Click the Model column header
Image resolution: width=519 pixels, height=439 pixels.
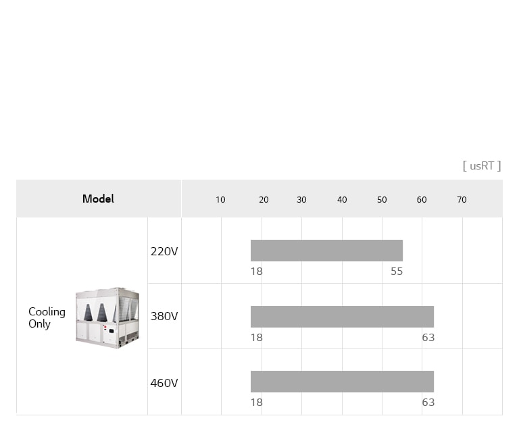(x=98, y=199)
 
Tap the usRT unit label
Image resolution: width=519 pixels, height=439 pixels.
(x=482, y=165)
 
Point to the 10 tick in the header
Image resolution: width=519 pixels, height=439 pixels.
(x=220, y=200)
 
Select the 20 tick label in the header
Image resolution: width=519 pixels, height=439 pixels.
(x=264, y=200)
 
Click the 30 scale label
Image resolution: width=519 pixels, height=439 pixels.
(x=301, y=200)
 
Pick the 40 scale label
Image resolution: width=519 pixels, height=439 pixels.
(x=342, y=200)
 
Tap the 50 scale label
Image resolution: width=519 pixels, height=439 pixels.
(x=382, y=200)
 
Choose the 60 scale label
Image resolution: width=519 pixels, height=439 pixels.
(x=422, y=200)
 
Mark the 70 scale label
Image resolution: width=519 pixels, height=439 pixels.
(x=462, y=200)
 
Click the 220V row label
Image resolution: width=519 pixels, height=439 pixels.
(x=164, y=251)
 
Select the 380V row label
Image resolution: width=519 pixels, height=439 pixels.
(x=164, y=316)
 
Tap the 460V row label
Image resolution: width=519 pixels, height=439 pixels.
(x=164, y=383)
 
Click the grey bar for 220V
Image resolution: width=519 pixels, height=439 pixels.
(x=326, y=251)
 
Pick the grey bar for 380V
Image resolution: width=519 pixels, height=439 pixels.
(x=342, y=316)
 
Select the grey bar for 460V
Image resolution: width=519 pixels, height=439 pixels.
(x=342, y=382)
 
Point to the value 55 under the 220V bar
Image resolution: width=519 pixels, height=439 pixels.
(x=397, y=272)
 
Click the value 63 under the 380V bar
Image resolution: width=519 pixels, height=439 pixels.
(x=428, y=338)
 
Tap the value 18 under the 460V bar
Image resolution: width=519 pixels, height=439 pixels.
(x=257, y=403)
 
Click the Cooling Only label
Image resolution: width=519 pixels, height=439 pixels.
(x=47, y=317)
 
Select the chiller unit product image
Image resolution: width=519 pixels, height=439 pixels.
(x=107, y=317)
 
